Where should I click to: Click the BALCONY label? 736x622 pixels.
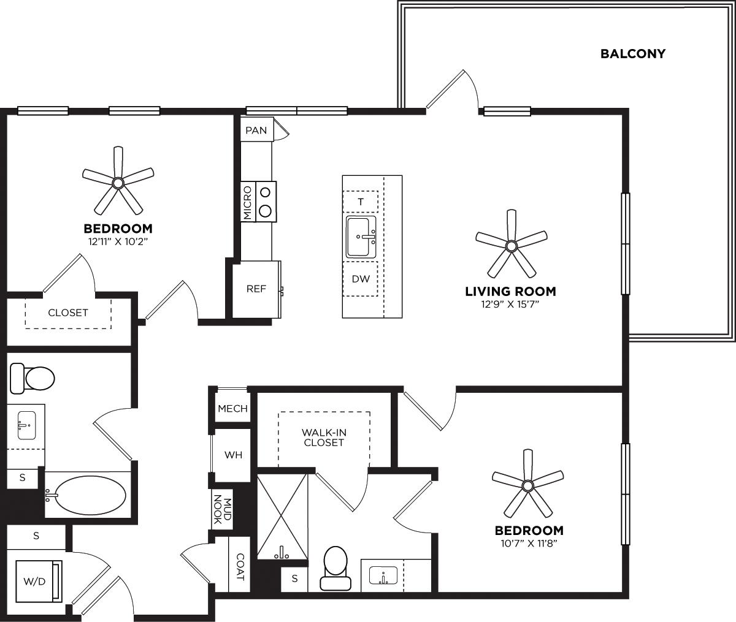pos(632,54)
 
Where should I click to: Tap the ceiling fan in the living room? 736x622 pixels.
pos(511,246)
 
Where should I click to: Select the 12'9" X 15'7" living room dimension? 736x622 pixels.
pos(510,303)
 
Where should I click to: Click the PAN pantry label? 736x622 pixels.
pos(256,131)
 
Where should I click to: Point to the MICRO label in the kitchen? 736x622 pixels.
pos(247,202)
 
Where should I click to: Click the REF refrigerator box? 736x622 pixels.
pos(256,289)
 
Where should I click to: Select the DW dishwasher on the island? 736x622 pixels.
pos(361,279)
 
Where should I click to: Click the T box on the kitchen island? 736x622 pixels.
pos(361,202)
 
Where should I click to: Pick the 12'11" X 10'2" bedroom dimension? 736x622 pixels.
pos(118,241)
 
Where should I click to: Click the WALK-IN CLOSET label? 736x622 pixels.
pos(324,437)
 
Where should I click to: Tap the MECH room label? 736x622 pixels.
pos(232,409)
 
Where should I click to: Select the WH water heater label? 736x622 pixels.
pos(233,455)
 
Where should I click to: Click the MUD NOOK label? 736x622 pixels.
pos(222,509)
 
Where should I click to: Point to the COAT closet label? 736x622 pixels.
pos(240,567)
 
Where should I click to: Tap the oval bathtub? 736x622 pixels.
pos(90,494)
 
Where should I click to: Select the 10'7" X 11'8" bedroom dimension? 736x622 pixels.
pos(529,542)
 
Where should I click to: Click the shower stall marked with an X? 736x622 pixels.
pos(282,515)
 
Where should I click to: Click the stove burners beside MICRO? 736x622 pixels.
pos(266,201)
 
